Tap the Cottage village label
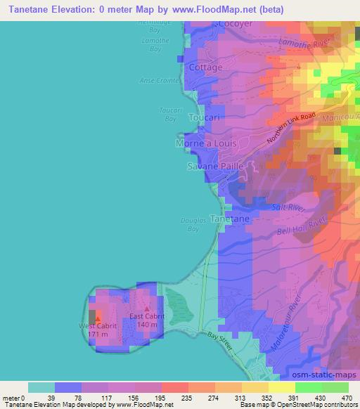206,67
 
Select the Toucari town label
205,119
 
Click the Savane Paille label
215,167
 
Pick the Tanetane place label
230,219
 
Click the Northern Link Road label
292,130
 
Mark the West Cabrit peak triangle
97,318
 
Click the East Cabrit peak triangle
146,308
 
